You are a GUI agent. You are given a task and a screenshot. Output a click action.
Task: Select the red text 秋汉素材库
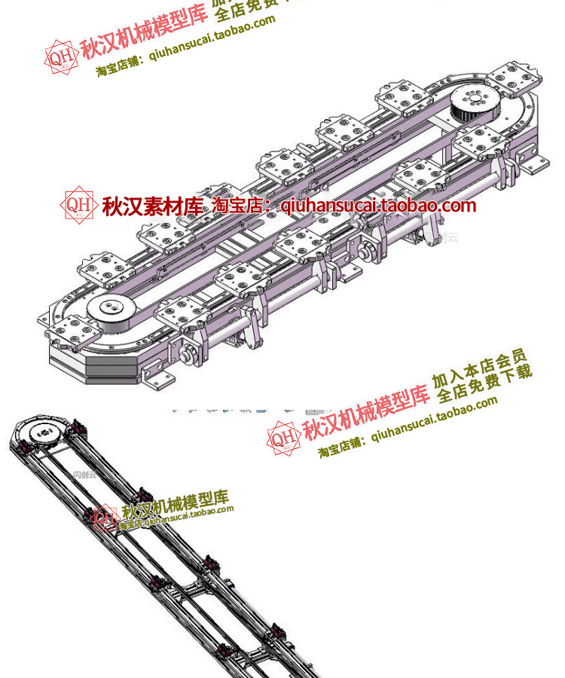pyautogui.click(x=153, y=206)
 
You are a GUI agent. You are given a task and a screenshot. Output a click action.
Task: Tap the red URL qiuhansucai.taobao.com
pyautogui.click(x=378, y=205)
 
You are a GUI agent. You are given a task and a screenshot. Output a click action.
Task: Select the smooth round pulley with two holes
pyautogui.click(x=110, y=310)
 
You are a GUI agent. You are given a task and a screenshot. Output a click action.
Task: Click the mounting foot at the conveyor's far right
pyautogui.click(x=536, y=163)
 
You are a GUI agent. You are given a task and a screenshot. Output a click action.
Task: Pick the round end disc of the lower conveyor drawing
pyautogui.click(x=39, y=434)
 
